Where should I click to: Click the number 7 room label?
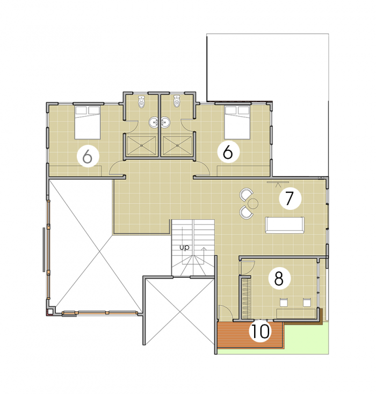pos(290,198)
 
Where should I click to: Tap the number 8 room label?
pos(279,278)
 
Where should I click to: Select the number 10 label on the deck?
pos(261,331)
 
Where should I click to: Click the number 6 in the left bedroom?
pos(88,156)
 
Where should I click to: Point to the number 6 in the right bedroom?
pos(228,152)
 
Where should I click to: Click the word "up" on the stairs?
pos(184,248)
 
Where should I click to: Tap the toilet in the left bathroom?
pos(141,102)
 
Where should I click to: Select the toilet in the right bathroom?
pos(177,102)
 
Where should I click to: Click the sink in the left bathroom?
pos(154,122)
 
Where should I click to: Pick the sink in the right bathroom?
pos(165,122)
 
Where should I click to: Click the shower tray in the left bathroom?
pos(141,145)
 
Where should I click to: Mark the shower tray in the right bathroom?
pos(177,145)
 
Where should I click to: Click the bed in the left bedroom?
pos(88,122)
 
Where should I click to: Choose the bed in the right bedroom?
pos(237,122)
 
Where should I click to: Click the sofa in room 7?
pos(285,225)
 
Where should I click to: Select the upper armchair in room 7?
pos(246,194)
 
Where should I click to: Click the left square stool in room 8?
pos(284,302)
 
